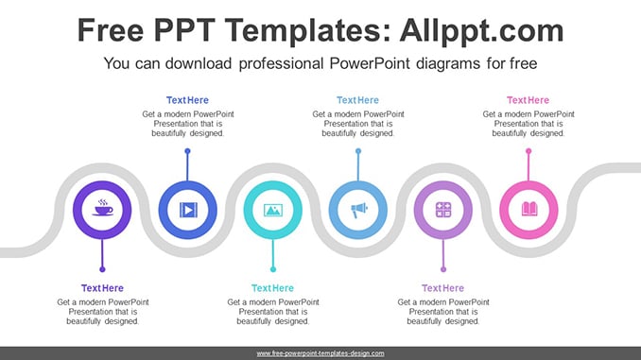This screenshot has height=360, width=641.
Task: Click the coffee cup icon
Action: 103,208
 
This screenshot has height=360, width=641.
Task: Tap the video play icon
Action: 188,210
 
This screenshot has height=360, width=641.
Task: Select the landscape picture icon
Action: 273,210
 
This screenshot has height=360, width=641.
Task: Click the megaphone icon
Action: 359,210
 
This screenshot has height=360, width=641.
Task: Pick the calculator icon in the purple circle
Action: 443,210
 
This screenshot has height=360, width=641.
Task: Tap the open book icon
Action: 529,209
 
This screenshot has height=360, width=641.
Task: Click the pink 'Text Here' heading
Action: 528,100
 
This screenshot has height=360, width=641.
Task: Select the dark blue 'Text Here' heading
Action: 187,100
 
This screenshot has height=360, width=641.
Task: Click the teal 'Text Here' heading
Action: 272,288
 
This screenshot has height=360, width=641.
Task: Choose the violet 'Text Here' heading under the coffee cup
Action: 102,288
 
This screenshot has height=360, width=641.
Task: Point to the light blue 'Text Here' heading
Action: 357,100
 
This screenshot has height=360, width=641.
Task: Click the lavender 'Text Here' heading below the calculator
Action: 442,288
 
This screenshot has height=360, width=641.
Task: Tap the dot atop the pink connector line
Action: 528,151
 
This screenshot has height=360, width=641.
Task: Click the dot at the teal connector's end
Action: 273,269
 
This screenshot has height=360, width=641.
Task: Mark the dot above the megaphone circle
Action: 358,151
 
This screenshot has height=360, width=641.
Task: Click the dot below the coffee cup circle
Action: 102,269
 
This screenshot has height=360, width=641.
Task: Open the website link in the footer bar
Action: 320,353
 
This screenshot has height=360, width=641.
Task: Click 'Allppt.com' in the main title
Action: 481,30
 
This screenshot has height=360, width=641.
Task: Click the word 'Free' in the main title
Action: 111,30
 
